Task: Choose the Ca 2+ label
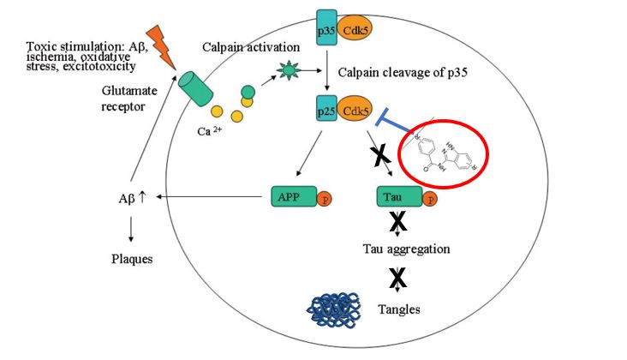[212, 132]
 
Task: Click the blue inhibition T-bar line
[403, 126]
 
